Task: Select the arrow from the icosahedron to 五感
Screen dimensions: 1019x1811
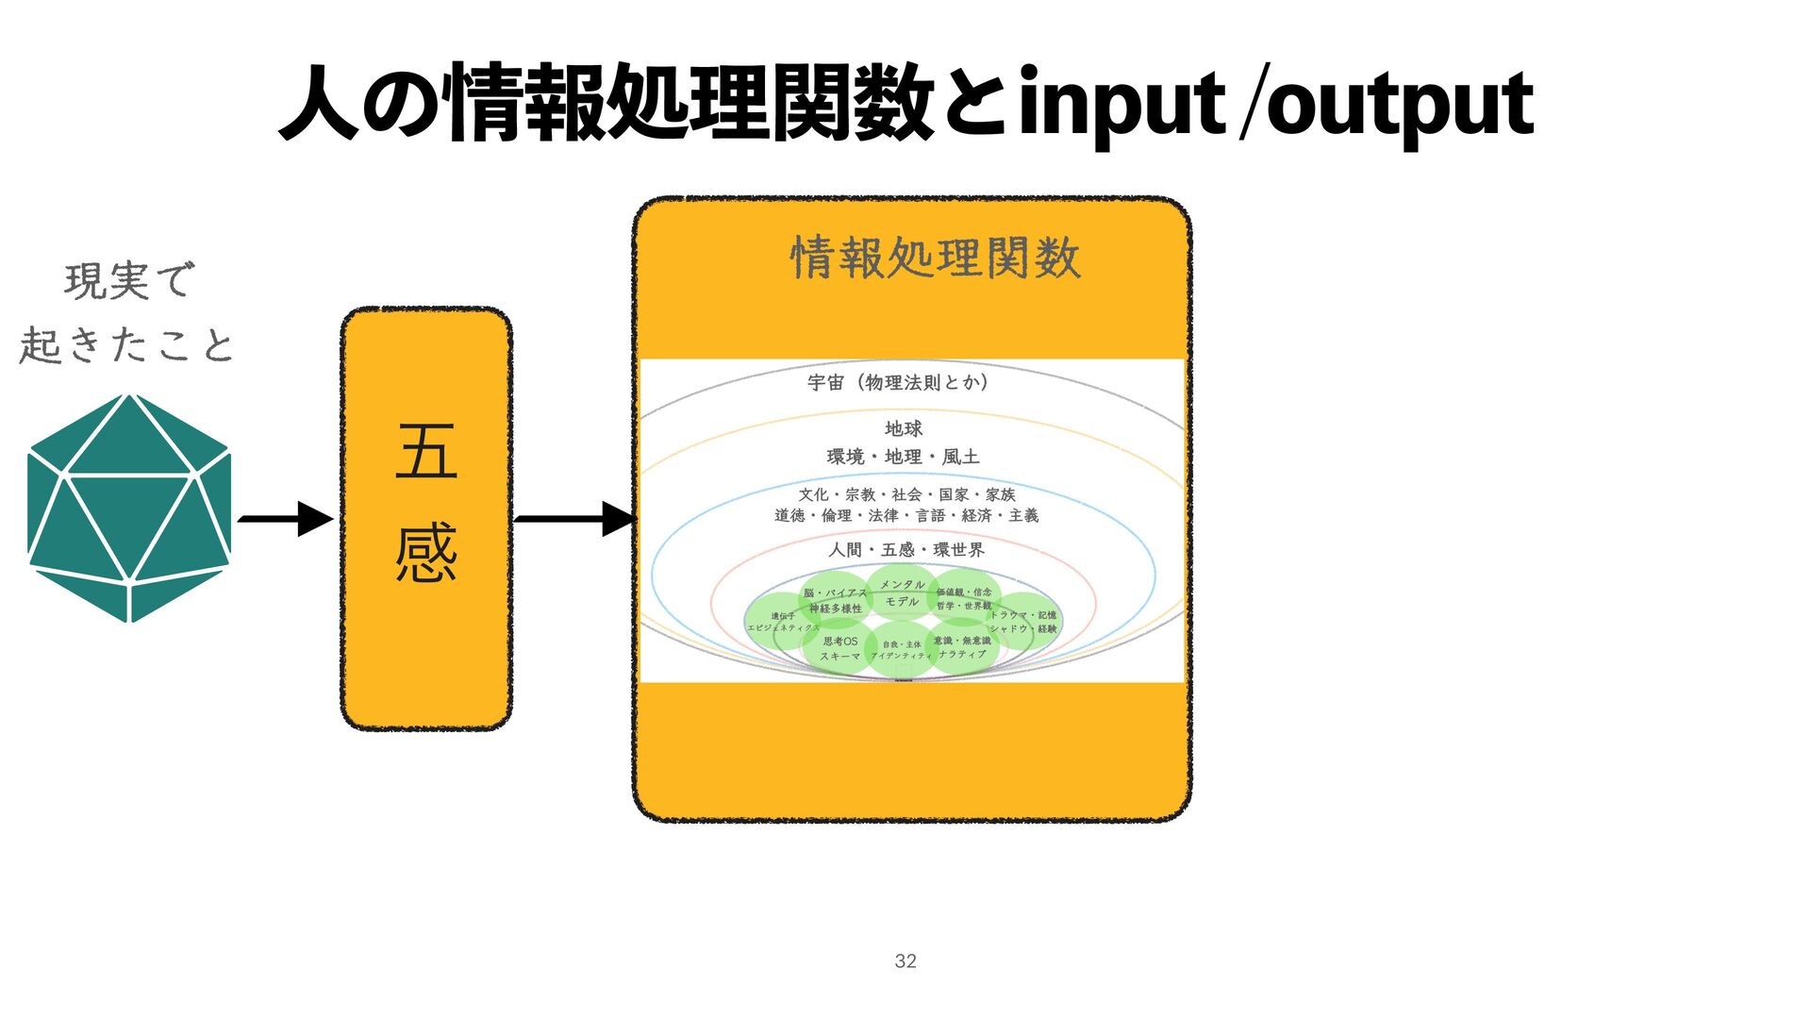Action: coord(285,519)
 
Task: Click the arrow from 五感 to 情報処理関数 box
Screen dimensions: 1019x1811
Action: coord(573,519)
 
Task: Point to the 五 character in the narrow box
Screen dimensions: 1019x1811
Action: coord(426,452)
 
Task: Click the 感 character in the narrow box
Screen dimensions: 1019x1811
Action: coord(426,554)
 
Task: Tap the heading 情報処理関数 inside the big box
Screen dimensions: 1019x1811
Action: coord(935,258)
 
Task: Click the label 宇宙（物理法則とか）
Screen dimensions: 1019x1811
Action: coord(898,382)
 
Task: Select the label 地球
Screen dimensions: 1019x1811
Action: coord(903,428)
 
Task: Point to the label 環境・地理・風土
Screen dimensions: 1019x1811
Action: coord(903,457)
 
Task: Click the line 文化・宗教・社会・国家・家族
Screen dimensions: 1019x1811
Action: coord(906,494)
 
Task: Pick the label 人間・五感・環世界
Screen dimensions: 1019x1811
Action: coord(905,550)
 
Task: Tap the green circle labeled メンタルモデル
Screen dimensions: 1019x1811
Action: coord(902,593)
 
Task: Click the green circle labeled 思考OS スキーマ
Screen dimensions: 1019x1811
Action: coord(839,648)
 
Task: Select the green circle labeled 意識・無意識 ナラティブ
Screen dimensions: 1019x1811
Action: coord(962,647)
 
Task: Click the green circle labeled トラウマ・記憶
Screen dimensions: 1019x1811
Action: coord(1025,621)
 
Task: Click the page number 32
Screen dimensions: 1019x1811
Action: coord(905,961)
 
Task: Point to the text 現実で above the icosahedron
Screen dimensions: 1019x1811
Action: coord(129,281)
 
